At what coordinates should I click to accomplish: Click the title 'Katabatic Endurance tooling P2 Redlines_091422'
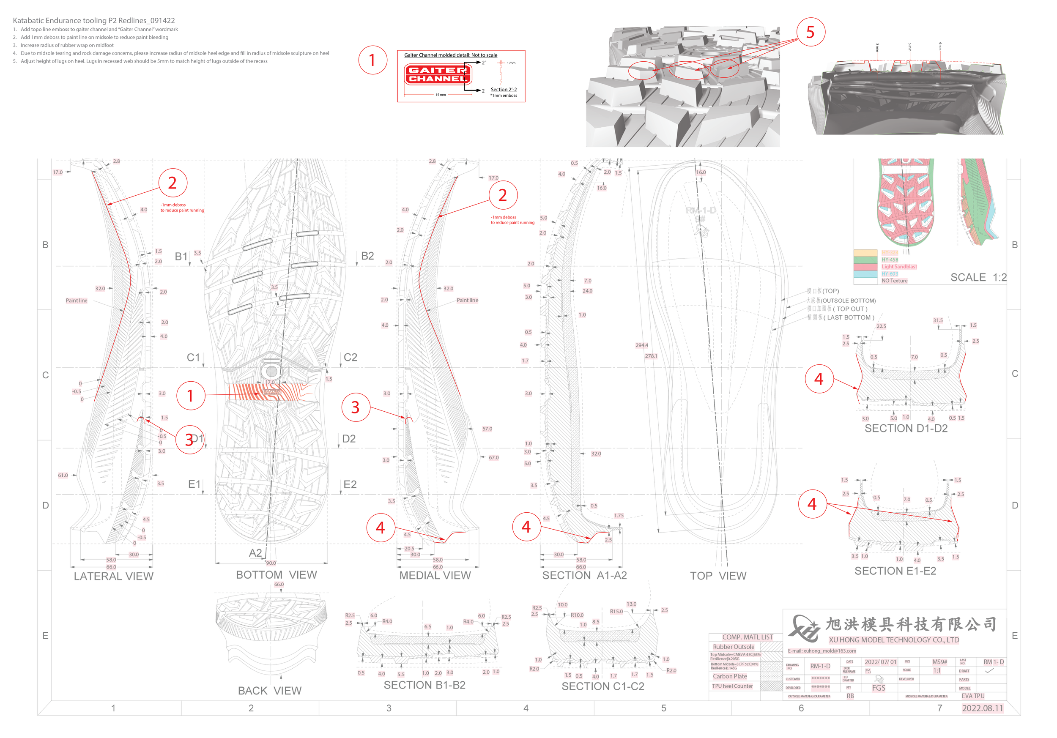click(93, 21)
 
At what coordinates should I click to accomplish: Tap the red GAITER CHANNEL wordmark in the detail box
click(437, 74)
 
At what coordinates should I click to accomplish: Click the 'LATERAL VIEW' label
click(114, 576)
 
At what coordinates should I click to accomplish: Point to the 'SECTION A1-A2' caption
click(584, 575)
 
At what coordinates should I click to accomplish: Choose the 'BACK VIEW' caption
click(269, 691)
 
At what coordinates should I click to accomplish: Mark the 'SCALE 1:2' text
click(978, 277)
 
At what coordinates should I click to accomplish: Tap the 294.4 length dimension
click(641, 345)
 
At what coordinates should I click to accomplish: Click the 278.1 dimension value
click(651, 356)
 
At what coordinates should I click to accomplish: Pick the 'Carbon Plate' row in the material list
click(730, 676)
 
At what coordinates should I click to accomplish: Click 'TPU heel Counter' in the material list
click(732, 686)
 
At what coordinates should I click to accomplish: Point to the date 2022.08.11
click(982, 708)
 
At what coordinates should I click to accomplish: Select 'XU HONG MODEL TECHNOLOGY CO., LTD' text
click(893, 640)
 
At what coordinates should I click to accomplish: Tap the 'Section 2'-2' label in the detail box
click(503, 90)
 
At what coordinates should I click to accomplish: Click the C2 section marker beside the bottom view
click(350, 358)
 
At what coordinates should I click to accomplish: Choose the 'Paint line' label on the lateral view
click(77, 301)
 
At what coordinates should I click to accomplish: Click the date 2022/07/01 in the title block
click(880, 662)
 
